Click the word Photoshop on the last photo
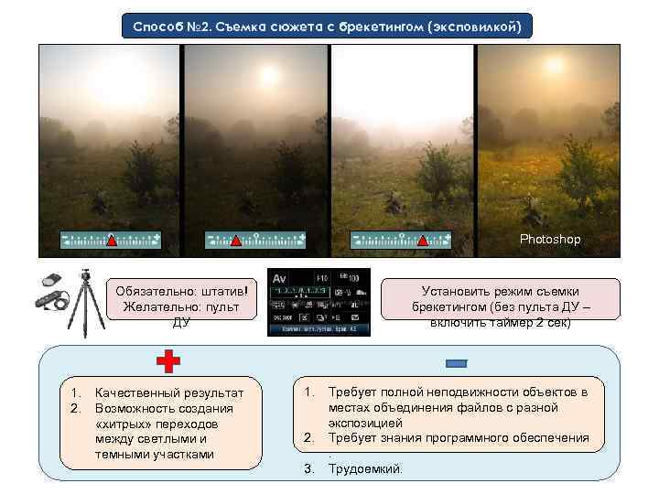[x=550, y=239]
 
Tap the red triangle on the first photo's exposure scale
[x=111, y=241]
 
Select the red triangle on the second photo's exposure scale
[x=235, y=241]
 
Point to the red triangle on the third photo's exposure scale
[x=423, y=241]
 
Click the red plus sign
[x=167, y=362]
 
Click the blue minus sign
[x=456, y=363]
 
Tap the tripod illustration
[x=89, y=301]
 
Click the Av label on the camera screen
[x=280, y=277]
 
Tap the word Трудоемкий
[x=364, y=468]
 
